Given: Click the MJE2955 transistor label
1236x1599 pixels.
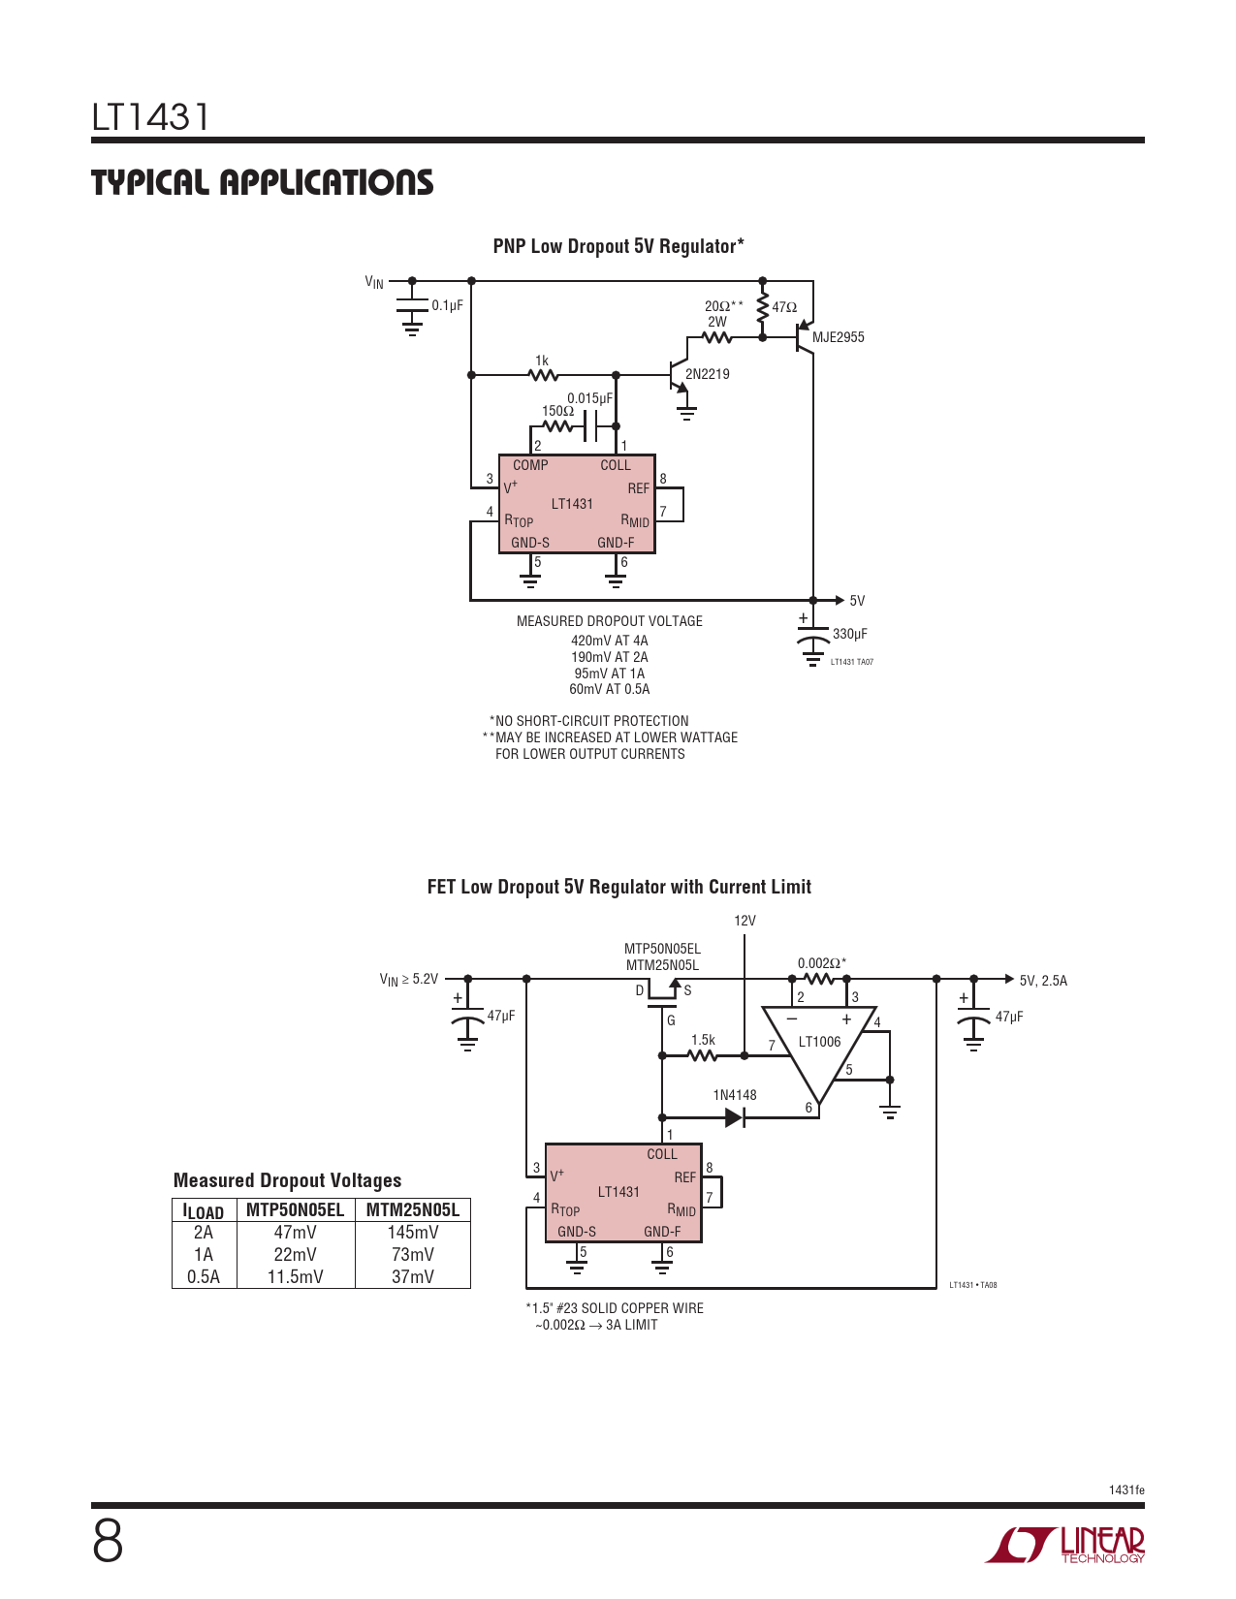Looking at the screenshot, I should click(x=838, y=337).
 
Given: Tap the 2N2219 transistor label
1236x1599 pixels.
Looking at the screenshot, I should click(x=707, y=374).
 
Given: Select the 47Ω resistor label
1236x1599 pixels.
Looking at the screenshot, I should click(x=784, y=308).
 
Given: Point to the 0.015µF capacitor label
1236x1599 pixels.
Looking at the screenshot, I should click(x=589, y=398).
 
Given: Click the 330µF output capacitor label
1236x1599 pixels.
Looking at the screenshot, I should click(x=849, y=634).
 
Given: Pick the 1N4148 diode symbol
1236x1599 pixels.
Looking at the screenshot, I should click(x=734, y=1117).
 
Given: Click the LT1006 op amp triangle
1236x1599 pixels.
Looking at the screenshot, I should click(x=819, y=1047).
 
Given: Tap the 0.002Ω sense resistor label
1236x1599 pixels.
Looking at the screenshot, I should click(x=821, y=963).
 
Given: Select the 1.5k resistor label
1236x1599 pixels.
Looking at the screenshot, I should click(x=703, y=1040).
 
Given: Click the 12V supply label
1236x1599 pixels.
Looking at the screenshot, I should click(x=745, y=921).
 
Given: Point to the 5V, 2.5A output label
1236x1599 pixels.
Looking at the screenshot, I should click(x=1042, y=981).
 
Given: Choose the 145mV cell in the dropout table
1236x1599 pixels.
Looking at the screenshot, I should click(x=413, y=1233).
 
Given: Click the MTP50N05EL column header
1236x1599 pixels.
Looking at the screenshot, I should click(x=295, y=1209).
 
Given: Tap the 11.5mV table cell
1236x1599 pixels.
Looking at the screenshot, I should click(x=295, y=1277).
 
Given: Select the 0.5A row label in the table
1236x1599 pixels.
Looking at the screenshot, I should click(x=204, y=1277).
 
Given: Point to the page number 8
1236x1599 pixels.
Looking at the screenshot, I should click(x=108, y=1542).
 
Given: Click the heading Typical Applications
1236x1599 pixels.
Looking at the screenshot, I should click(x=262, y=182).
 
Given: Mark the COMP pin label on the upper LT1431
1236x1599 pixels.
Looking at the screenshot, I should click(x=530, y=465).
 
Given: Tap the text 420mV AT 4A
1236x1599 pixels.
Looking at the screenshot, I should click(x=609, y=641).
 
